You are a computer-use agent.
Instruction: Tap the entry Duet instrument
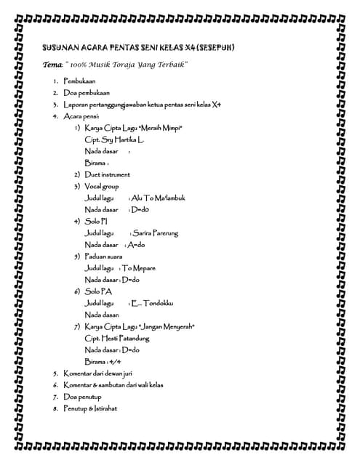point(106,174)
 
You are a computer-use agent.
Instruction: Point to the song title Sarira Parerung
point(156,233)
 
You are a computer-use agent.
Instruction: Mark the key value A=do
point(135,245)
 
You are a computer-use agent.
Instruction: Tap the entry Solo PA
point(98,291)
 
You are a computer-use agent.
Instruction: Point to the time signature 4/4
point(114,361)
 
